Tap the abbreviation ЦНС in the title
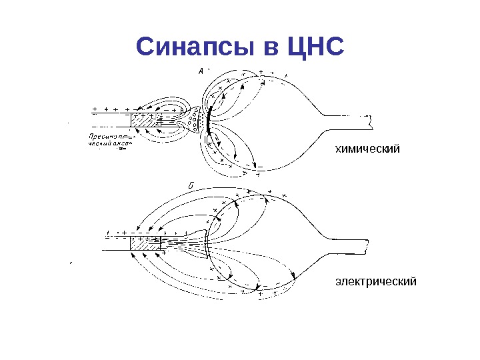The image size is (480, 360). (316, 47)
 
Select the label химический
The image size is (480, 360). (367, 148)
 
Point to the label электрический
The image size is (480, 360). (375, 281)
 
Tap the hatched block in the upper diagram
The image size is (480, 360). (142, 121)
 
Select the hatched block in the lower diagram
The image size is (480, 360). (141, 243)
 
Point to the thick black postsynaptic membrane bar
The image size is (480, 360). (209, 120)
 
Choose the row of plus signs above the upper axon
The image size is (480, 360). (110, 108)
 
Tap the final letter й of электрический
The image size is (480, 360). (413, 281)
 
